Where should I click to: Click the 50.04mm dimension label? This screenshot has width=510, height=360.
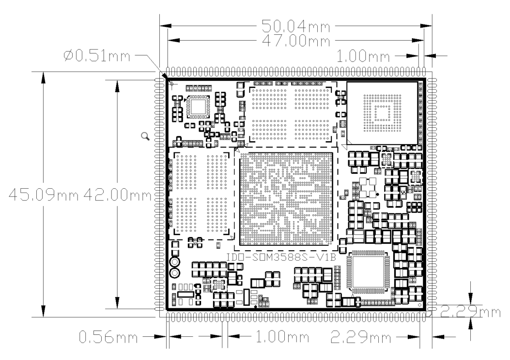tap(295, 26)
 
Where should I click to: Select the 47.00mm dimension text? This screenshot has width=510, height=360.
tap(295, 41)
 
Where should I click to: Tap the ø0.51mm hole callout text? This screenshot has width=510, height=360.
tap(96, 56)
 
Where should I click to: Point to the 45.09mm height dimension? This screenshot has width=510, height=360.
tap(44, 195)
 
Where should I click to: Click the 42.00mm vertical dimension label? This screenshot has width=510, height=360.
tap(117, 195)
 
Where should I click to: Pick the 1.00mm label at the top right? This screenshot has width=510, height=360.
tap(362, 56)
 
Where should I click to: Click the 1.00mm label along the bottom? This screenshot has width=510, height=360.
tap(282, 337)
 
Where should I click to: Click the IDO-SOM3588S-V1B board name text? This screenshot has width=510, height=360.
tap(281, 257)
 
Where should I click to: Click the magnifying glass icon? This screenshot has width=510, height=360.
tap(145, 136)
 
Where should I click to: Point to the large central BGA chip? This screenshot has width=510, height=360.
tap(286, 199)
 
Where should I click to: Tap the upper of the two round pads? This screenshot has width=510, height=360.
tap(175, 262)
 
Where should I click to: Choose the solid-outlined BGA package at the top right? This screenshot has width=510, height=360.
tap(382, 113)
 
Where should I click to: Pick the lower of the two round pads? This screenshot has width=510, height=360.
tap(175, 273)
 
